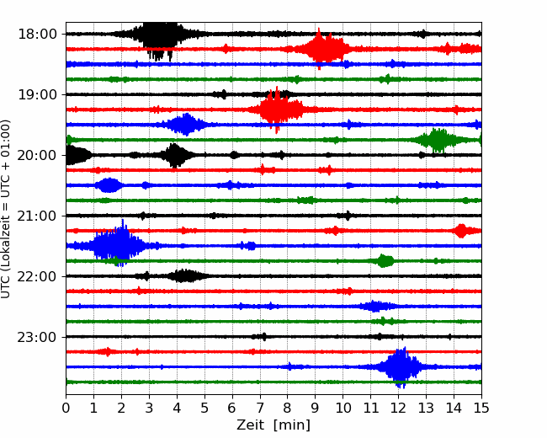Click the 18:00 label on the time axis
[x=37, y=35]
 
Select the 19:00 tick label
[x=37, y=94]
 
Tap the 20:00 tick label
[x=37, y=155]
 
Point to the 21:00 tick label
[x=37, y=216]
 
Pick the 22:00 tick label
[x=37, y=276]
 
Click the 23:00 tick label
[x=37, y=337]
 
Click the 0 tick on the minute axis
[x=66, y=408]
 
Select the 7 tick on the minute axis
[x=260, y=408]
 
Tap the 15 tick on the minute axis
[x=481, y=408]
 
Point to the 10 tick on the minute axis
[x=343, y=408]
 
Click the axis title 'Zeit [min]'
[x=273, y=425]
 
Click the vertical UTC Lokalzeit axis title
[x=6, y=209]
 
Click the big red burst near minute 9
[x=322, y=49]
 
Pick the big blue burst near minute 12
[x=401, y=366]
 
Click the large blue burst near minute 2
[x=119, y=245]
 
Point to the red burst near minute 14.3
[x=461, y=231]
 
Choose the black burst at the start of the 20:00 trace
[x=78, y=155]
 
